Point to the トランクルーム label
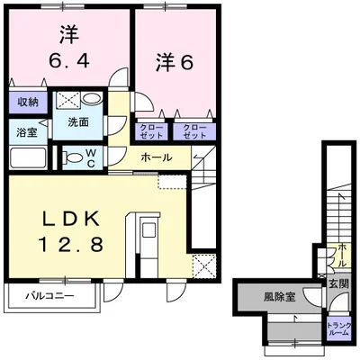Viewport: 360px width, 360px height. click(x=338, y=329)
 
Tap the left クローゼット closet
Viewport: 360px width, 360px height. click(x=149, y=131)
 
